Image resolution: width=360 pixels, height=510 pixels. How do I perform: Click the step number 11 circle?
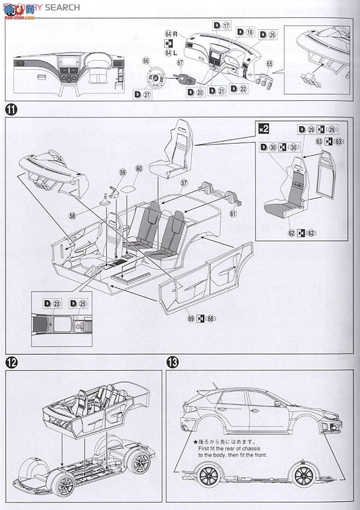(10, 109)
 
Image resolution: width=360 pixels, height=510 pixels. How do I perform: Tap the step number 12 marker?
(10, 362)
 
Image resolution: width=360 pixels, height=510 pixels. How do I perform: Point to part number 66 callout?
(146, 61)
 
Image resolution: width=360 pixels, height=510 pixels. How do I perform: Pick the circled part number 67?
(180, 63)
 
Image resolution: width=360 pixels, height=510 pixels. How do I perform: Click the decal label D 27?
(142, 94)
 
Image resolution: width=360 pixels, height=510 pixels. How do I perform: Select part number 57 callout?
(184, 182)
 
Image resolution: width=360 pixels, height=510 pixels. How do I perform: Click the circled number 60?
(139, 168)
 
